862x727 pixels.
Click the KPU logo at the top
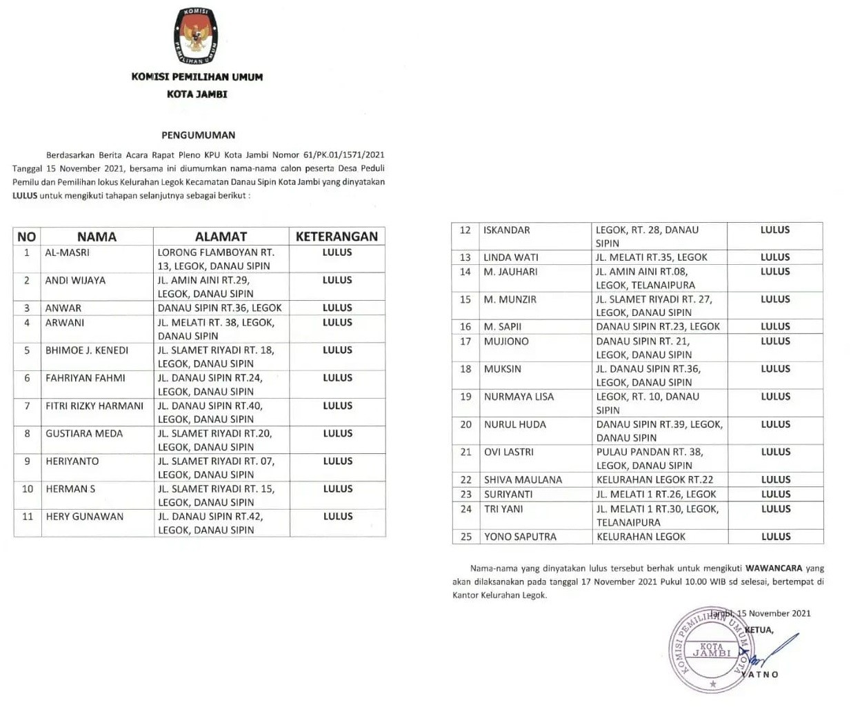pos(197,37)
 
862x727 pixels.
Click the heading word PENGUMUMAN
pos(199,135)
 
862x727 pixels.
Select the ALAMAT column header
pos(221,237)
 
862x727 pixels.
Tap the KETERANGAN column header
pos(337,237)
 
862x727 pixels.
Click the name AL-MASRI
pos(68,252)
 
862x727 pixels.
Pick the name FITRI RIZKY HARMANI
pos(94,406)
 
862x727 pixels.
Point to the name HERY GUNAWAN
pos(85,516)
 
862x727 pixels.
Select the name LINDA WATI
pos(511,257)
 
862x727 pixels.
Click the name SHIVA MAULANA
pos(523,479)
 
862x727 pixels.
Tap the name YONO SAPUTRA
pos(520,536)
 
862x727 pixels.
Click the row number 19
pos(465,397)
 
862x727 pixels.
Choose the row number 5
pos(28,350)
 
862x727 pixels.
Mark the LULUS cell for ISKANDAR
pos(775,230)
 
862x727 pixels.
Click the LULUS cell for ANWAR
pos(337,308)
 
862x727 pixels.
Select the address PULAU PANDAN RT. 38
pos(650,452)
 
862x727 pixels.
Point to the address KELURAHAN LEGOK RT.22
pos(655,479)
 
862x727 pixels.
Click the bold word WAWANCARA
pos(774,568)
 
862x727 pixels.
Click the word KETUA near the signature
pos(759,630)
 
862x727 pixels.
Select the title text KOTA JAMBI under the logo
pos(197,94)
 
